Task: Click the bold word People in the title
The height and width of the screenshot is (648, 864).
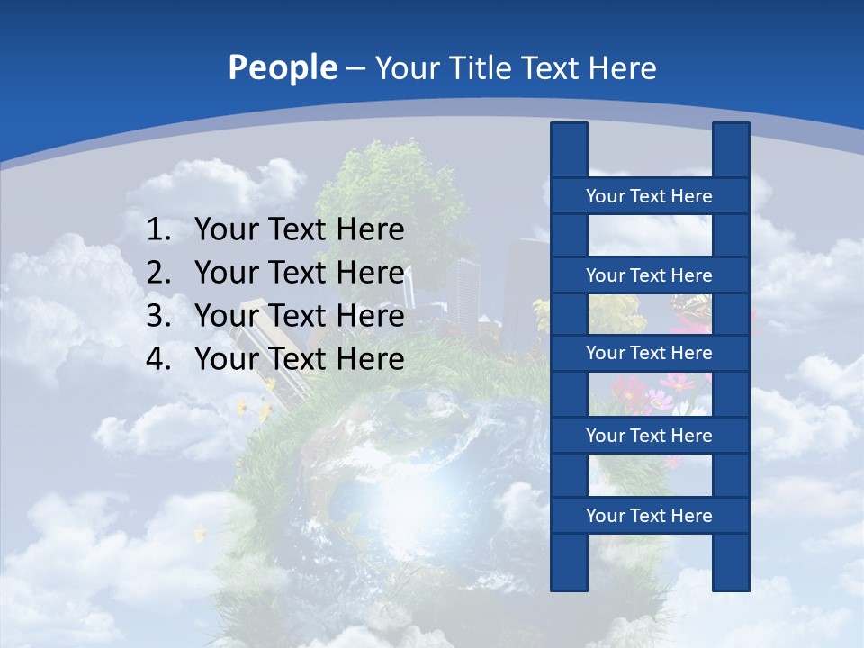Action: pos(283,68)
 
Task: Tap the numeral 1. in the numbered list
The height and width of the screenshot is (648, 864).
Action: pos(159,230)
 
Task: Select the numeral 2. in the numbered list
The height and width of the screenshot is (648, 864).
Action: pos(159,273)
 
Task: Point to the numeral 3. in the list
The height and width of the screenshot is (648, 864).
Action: pos(159,316)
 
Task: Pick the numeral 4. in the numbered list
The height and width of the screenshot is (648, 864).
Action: pos(159,359)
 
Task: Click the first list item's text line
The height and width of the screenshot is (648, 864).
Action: pos(299,230)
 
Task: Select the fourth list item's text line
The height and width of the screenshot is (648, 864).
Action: pos(299,359)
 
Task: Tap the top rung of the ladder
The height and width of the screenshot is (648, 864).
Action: pos(649,196)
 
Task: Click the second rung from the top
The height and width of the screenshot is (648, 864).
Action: pos(649,275)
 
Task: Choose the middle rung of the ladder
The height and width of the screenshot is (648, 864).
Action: pos(649,354)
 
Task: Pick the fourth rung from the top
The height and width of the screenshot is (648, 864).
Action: pos(649,436)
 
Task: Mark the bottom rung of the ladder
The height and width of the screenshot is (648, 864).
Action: pos(649,516)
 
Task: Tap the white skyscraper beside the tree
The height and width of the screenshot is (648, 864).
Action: pos(463,288)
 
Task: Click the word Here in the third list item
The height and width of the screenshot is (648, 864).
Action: pos(370,316)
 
